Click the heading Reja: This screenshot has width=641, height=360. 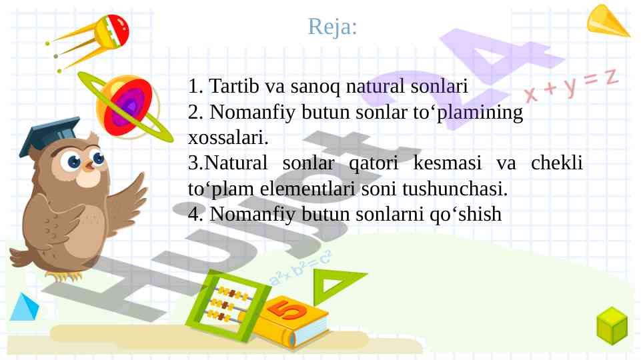332,27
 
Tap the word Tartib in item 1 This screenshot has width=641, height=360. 234,86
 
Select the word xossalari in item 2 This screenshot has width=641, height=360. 228,138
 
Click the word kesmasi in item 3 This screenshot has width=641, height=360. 447,163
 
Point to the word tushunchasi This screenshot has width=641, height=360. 455,189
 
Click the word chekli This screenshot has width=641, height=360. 557,163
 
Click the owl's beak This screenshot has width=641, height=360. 89,165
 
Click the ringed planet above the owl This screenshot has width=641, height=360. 125,107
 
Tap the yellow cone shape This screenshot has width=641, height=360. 607,21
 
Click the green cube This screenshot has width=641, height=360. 612,326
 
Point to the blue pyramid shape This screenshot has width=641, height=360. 25,307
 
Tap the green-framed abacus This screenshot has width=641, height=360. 228,305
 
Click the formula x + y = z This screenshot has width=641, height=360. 572,85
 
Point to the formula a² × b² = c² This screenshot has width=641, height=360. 300,268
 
